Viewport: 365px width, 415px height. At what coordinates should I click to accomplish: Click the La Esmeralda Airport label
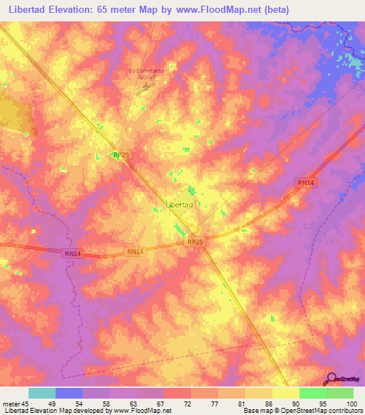(145, 74)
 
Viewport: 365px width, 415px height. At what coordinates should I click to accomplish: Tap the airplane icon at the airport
(147, 86)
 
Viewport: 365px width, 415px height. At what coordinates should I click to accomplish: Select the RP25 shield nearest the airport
(120, 155)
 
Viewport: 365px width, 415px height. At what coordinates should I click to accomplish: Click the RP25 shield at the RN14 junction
(195, 242)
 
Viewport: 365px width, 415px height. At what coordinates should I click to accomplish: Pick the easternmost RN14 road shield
(305, 183)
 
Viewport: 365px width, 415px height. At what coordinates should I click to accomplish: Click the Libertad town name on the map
(179, 205)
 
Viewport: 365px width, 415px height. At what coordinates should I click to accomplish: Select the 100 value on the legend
(351, 404)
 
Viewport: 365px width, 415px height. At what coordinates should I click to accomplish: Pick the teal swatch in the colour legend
(42, 393)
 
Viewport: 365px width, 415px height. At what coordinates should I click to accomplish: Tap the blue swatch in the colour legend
(69, 393)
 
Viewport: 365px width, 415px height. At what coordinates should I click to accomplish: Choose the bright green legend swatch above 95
(313, 393)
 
